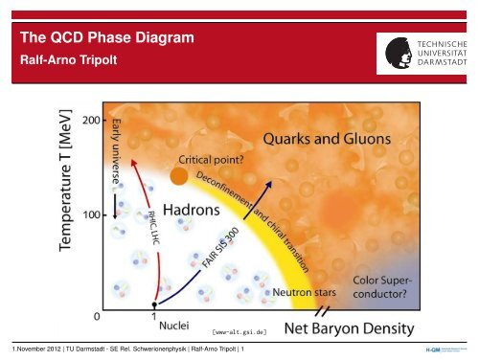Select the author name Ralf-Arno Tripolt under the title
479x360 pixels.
coord(70,58)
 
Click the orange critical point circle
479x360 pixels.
coord(178,176)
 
